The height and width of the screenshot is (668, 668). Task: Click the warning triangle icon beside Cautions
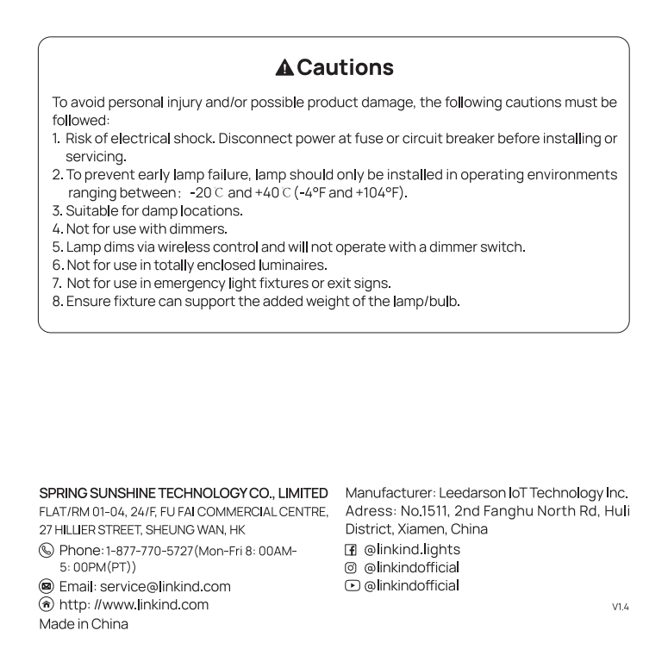click(285, 67)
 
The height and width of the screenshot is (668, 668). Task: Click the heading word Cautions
click(346, 67)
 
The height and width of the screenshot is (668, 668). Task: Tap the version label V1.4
click(620, 607)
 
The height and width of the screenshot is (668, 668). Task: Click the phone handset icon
click(47, 550)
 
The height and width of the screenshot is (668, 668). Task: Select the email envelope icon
click(47, 586)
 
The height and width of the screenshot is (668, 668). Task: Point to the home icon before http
click(47, 604)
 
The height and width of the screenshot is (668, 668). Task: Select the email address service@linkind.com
click(163, 586)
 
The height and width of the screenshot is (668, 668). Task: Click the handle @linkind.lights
click(412, 549)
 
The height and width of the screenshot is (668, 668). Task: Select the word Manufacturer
click(389, 493)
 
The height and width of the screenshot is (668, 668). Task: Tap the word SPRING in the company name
click(64, 493)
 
